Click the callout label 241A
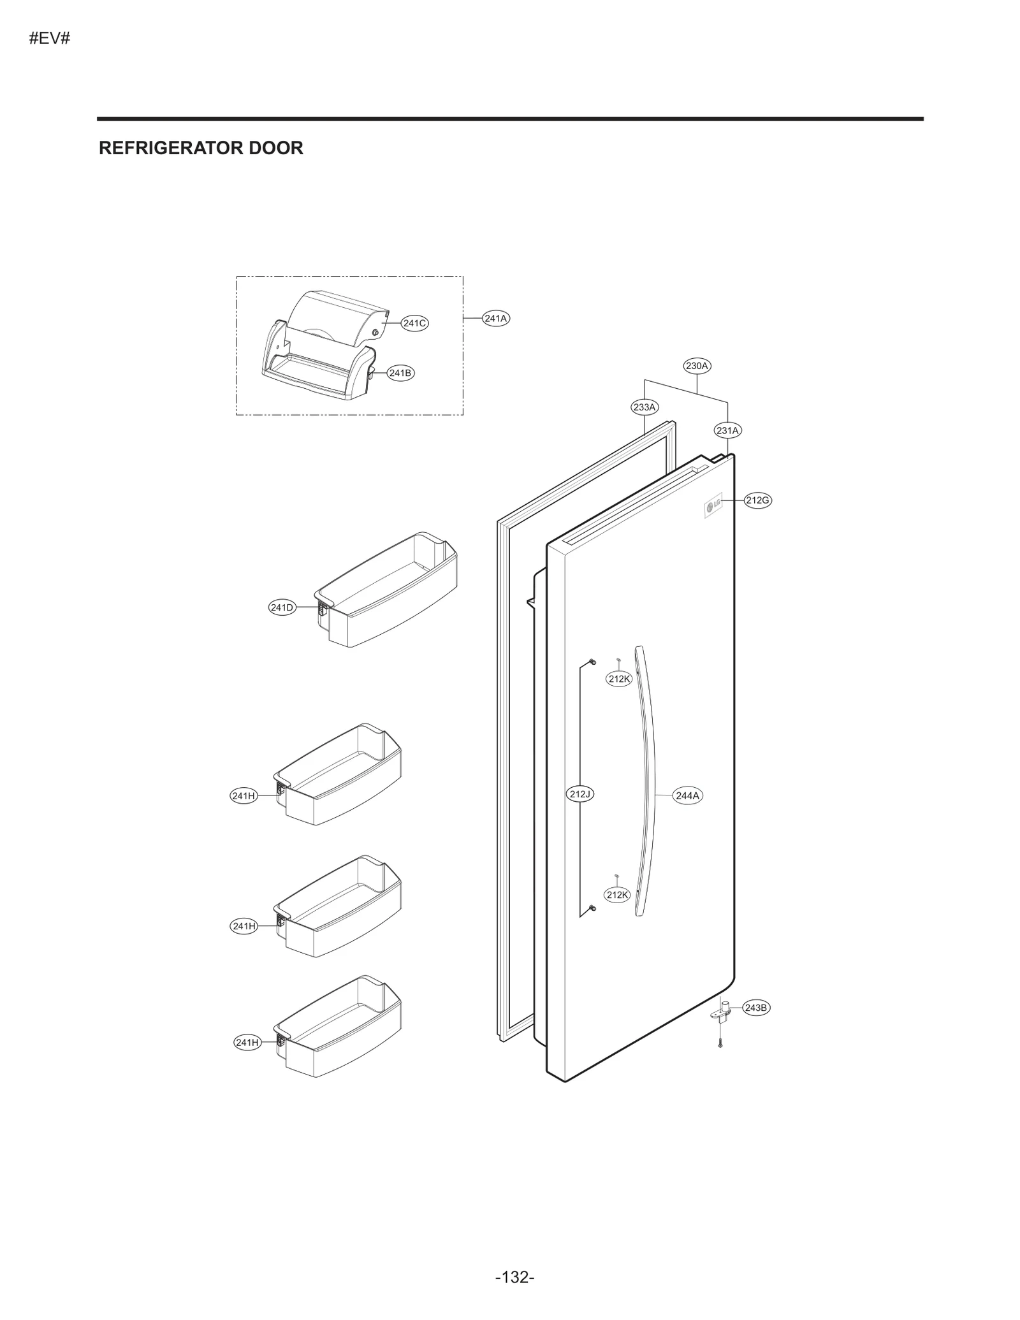495,318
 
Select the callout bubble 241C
414,323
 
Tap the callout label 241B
400,373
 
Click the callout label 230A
697,366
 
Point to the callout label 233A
644,407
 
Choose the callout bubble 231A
727,430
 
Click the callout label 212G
757,500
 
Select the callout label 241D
282,607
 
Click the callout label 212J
580,794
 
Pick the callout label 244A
687,795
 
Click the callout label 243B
756,1008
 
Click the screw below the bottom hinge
720,1043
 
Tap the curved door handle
647,784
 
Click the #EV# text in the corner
49,38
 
